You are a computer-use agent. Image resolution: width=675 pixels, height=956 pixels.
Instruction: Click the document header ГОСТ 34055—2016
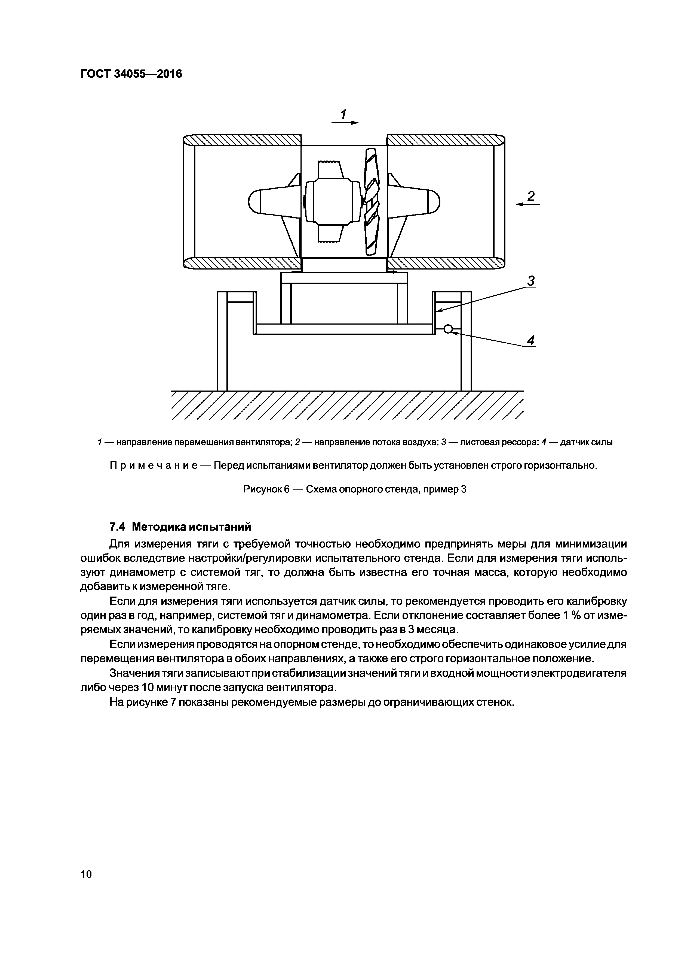tap(131, 74)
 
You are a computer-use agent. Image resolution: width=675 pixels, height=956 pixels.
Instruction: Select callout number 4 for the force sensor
tap(531, 341)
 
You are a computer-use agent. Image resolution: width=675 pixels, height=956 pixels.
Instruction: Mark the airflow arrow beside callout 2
tap(527, 204)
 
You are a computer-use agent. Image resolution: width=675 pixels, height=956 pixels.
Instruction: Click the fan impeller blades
tap(372, 202)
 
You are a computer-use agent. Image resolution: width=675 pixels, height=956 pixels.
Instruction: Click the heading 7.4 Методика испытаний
tap(180, 527)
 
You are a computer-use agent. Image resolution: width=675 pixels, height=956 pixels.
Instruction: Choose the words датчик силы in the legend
tap(587, 442)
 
